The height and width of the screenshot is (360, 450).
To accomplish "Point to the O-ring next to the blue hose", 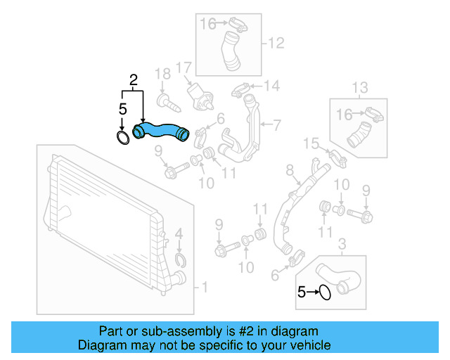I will [x=122, y=136].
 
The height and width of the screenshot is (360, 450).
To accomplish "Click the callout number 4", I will [x=179, y=233].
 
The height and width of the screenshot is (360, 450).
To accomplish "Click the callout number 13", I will [x=359, y=87].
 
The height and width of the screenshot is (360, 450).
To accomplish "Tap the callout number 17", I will [x=184, y=68].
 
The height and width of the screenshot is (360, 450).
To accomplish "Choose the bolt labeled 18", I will [x=167, y=102].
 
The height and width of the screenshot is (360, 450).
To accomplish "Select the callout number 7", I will [x=276, y=126].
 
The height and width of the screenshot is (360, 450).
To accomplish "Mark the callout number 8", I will [x=288, y=170].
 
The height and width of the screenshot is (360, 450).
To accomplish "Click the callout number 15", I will [x=311, y=144].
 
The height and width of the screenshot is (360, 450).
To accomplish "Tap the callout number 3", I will [x=342, y=244].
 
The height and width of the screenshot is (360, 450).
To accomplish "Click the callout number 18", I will [x=162, y=74].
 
